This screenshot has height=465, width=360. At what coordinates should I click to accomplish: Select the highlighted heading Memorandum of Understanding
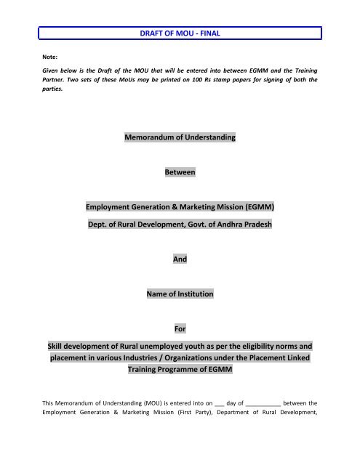[180, 137]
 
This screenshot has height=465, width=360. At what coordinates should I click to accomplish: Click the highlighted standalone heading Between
[180, 173]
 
